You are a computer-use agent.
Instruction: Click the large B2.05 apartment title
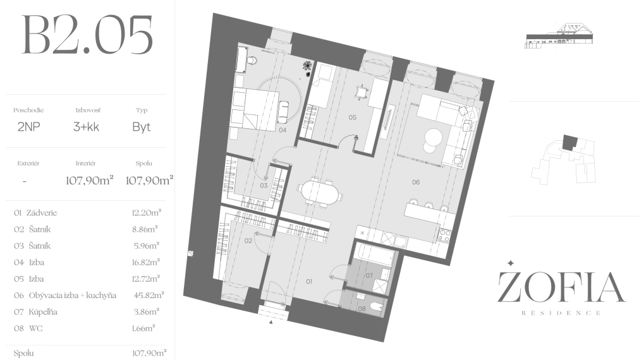tap(87, 35)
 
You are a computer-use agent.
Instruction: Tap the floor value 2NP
tap(28, 127)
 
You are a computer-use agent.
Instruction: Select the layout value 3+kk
tap(86, 127)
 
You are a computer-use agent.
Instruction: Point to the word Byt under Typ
tap(142, 127)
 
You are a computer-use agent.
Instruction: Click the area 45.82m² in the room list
tap(149, 295)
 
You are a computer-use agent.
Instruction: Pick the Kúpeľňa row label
tap(43, 312)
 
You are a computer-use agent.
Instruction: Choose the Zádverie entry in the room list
tap(42, 213)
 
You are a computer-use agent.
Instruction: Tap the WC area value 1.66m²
tap(143, 328)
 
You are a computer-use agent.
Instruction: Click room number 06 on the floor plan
tap(416, 182)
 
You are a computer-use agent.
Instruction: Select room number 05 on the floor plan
tap(353, 117)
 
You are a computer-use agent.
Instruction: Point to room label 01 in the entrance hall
tap(309, 281)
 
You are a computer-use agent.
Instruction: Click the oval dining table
tap(320, 192)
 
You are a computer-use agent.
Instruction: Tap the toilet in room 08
tap(375, 306)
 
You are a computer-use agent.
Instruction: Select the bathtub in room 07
tap(374, 255)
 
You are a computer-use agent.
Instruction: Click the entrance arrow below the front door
tap(271, 322)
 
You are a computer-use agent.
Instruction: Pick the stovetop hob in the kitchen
tap(444, 235)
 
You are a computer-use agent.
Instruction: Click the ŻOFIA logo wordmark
tap(561, 287)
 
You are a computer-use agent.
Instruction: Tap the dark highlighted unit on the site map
tap(570, 142)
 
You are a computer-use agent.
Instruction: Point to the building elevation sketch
tap(559, 36)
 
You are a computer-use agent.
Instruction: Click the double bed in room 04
tap(255, 109)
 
